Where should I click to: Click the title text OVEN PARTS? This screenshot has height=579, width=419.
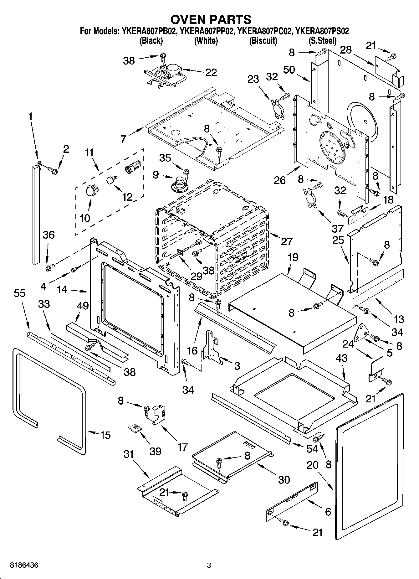pyautogui.click(x=210, y=19)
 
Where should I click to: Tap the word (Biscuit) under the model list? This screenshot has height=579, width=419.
pyautogui.click(x=263, y=40)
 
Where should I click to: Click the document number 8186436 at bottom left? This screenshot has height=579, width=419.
pyautogui.click(x=20, y=565)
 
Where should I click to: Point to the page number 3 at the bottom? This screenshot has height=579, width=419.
pyautogui.click(x=209, y=566)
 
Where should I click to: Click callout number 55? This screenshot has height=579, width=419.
pyautogui.click(x=19, y=293)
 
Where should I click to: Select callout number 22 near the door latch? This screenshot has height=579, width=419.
pyautogui.click(x=211, y=72)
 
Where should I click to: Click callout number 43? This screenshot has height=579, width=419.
pyautogui.click(x=342, y=358)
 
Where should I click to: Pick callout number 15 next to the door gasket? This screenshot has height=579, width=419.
pyautogui.click(x=105, y=435)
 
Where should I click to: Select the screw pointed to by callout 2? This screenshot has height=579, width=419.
pyautogui.click(x=54, y=171)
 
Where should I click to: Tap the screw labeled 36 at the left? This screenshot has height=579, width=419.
pyautogui.click(x=49, y=267)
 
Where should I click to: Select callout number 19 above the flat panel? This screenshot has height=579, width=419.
pyautogui.click(x=293, y=257)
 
